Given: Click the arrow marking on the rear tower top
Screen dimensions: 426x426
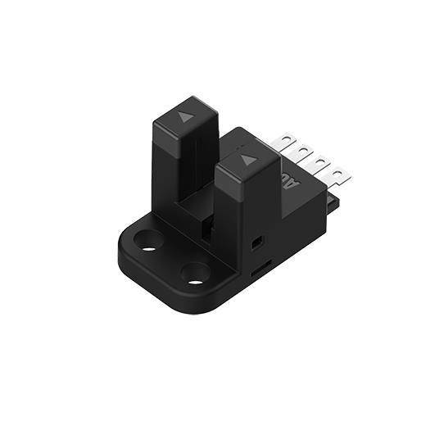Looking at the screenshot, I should pos(186,117).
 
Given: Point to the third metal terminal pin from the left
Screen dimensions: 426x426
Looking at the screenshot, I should pos(319,162).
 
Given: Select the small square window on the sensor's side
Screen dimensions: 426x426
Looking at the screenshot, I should pos(257,244).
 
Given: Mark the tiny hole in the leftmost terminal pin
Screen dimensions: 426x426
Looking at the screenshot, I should pos(286,139).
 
